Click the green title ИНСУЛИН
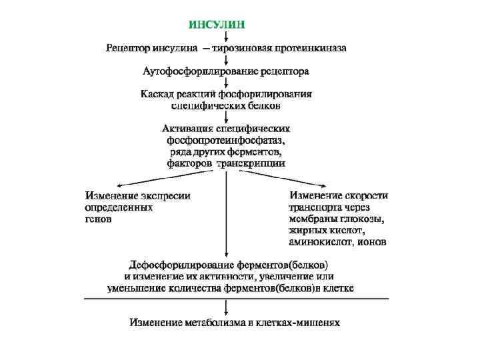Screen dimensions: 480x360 point(217,25)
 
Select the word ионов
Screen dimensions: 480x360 point(372,241)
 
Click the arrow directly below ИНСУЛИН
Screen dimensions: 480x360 point(227,37)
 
